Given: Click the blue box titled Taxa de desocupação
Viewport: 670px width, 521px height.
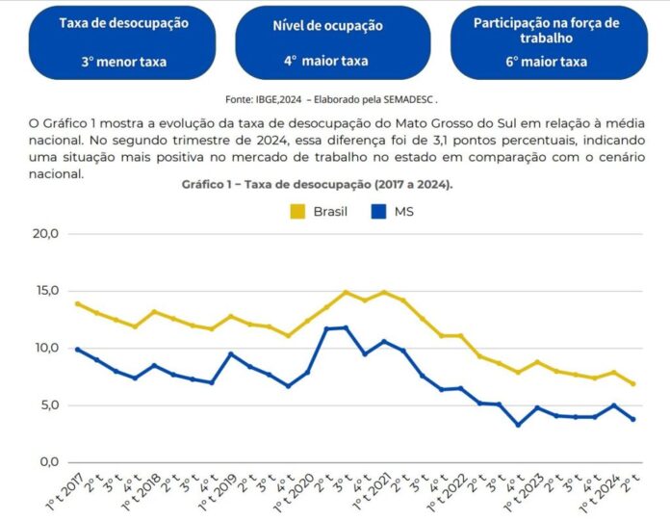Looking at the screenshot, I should click(123, 41).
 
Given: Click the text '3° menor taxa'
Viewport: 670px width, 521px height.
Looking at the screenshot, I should click(123, 62).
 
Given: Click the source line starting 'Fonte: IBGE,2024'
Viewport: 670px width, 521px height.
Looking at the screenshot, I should click(331, 98).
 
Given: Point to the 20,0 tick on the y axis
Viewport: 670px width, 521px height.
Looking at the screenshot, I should click(45, 234).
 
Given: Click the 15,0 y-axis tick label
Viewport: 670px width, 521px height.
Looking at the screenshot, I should click(45, 291).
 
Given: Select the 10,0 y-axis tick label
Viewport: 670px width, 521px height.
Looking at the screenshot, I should click(45, 348).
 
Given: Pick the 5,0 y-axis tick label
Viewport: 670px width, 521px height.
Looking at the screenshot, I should click(48, 405).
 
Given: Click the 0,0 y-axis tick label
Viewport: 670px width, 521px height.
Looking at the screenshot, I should click(48, 462).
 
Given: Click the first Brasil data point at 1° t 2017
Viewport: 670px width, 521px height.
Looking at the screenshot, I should click(78, 303).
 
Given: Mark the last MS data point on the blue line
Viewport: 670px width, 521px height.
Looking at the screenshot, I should click(632, 419).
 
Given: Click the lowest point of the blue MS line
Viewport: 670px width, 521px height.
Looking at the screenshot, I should click(518, 425).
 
